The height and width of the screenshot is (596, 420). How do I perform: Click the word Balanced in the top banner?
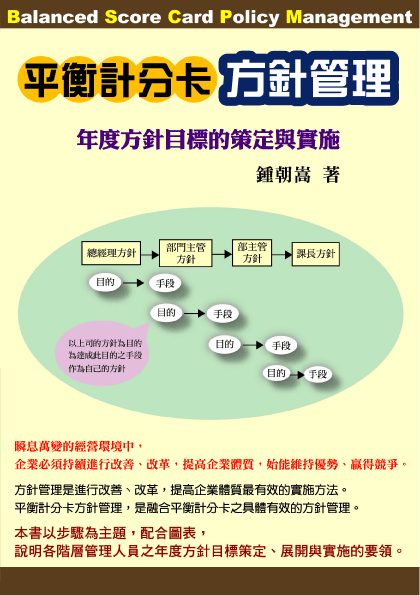tap(52, 17)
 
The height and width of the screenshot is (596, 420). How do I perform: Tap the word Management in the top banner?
tap(349, 18)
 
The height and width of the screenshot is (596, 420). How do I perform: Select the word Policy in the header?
tap(249, 18)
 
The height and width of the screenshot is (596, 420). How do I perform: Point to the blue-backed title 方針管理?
tap(309, 79)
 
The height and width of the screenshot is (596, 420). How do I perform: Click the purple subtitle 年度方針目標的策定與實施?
tap(208, 140)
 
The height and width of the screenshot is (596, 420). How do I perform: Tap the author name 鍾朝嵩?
tap(284, 175)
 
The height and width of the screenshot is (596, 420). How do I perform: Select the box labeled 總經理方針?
tap(111, 253)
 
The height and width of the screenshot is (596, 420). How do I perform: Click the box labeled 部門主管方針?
tap(185, 253)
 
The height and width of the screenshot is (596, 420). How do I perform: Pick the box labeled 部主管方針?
tap(252, 253)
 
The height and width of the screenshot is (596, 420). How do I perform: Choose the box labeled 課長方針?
tap(315, 254)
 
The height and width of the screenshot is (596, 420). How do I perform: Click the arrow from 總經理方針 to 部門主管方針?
tap(150, 254)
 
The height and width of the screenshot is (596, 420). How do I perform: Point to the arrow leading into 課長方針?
tap(282, 254)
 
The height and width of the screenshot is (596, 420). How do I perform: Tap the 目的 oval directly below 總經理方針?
tap(105, 282)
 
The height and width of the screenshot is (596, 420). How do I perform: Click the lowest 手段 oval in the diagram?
tap(318, 374)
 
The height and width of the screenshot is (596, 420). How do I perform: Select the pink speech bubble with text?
tap(103, 353)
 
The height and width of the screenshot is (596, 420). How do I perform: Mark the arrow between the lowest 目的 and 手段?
tap(297, 375)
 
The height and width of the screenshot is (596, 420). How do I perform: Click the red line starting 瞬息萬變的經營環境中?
tap(79, 446)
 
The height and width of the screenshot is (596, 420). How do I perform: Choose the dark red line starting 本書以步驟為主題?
tap(111, 534)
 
